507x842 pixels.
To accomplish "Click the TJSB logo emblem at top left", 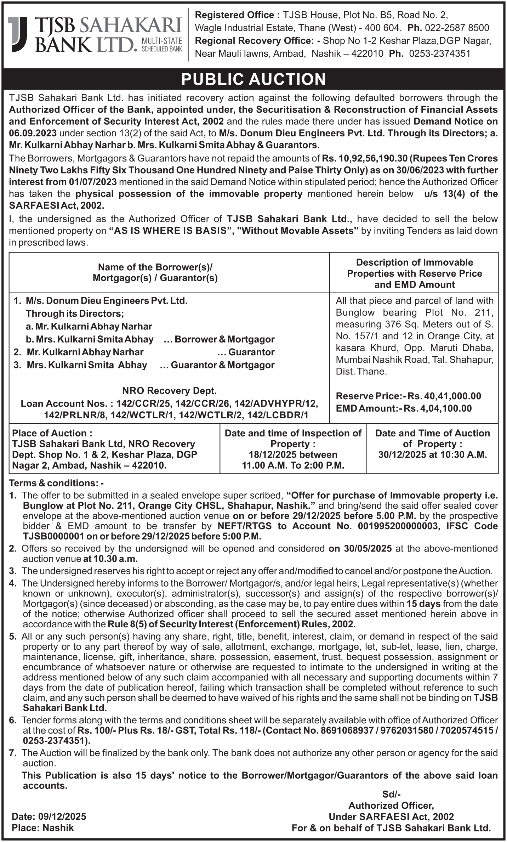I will click(17, 34).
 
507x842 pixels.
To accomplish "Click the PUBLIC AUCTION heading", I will click(253, 79).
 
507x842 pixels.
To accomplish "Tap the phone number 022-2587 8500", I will click(457, 28).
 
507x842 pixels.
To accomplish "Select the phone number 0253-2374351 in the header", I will click(440, 53).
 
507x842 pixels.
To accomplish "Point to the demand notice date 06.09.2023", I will click(33, 133).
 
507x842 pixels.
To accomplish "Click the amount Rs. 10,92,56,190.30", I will click(364, 158).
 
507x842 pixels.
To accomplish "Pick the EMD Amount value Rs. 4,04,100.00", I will click(438, 408).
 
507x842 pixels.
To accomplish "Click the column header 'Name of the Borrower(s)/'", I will click(155, 267).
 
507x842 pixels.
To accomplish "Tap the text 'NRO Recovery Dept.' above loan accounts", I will click(169, 390).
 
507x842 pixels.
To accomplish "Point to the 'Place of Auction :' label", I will click(52, 433).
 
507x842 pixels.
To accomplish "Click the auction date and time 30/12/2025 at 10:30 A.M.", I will click(432, 454).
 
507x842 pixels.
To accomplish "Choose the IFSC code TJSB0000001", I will click(53, 536).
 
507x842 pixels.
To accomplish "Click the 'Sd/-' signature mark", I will click(391, 794).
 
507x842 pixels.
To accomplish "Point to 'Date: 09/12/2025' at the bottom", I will click(49, 816).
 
